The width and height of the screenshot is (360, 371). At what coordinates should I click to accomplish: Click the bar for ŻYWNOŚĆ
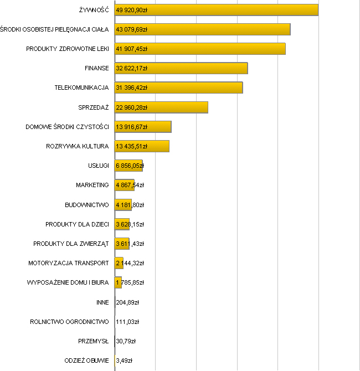(x=216, y=10)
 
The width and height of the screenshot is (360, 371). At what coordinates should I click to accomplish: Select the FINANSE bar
(x=181, y=68)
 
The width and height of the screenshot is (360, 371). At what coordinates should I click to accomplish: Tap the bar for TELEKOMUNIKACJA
(x=178, y=87)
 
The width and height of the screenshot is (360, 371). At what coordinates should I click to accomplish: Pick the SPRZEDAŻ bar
(x=161, y=107)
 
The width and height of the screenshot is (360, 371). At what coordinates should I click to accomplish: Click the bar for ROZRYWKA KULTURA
(x=142, y=146)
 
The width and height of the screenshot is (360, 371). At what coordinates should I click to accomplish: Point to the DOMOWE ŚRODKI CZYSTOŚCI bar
(x=143, y=127)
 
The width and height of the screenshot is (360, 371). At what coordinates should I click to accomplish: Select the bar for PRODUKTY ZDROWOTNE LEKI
(x=200, y=49)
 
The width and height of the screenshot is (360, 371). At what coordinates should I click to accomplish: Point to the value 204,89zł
(x=127, y=302)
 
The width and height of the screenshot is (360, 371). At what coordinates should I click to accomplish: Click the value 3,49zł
(x=124, y=360)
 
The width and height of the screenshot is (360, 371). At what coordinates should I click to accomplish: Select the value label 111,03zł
(x=127, y=322)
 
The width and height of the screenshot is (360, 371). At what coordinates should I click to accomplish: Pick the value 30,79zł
(x=126, y=341)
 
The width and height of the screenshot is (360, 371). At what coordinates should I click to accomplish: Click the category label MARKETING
(x=92, y=185)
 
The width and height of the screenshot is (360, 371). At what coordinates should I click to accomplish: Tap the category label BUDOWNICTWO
(x=87, y=205)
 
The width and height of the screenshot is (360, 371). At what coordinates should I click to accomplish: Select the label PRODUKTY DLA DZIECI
(x=78, y=224)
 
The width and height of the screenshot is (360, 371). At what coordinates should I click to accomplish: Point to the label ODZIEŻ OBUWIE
(x=87, y=360)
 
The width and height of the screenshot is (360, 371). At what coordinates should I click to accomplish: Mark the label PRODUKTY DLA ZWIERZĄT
(x=71, y=244)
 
